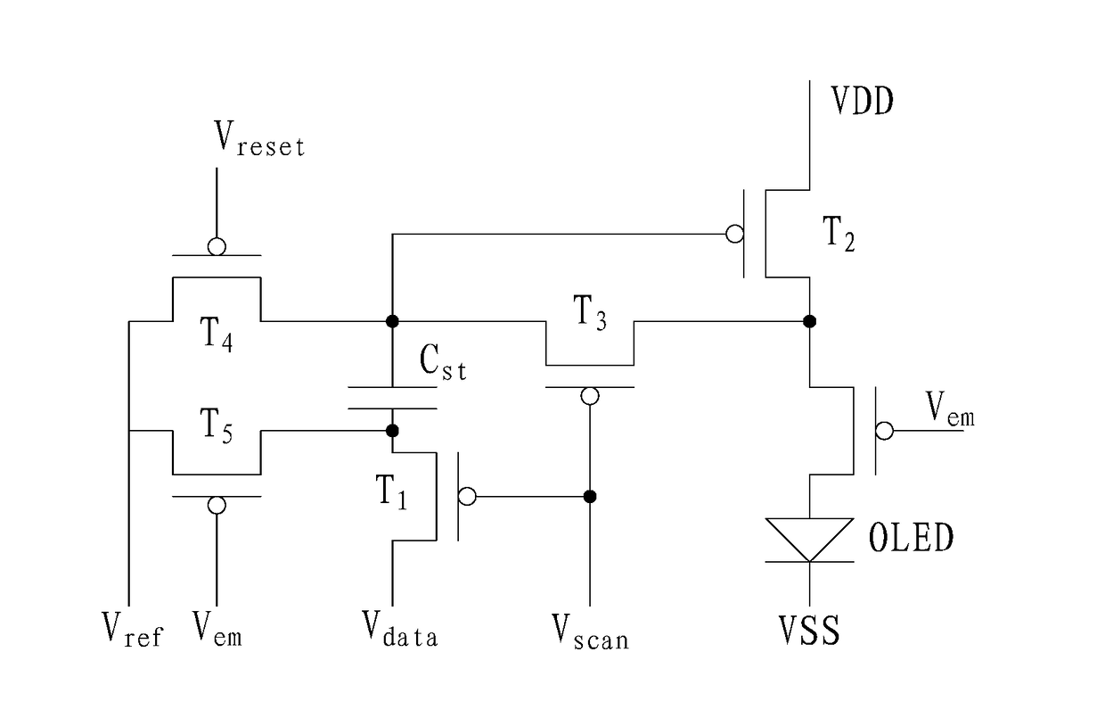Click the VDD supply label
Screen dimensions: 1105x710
tap(862, 101)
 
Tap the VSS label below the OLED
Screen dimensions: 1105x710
tap(809, 631)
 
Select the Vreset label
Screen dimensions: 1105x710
tap(259, 139)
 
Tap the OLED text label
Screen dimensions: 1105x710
tap(911, 538)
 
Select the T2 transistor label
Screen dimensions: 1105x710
tap(839, 235)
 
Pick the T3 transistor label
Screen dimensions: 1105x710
tap(590, 312)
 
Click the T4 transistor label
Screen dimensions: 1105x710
tap(216, 334)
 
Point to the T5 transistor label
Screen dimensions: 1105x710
tap(216, 425)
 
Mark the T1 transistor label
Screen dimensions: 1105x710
tap(391, 491)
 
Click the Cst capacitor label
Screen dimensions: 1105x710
tap(443, 362)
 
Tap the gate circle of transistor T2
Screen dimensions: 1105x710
tap(735, 234)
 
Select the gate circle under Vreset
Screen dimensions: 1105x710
tap(217, 246)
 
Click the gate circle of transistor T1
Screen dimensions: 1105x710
tap(467, 496)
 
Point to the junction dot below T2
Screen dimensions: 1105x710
tap(809, 321)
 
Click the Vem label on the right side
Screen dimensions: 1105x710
tap(950, 409)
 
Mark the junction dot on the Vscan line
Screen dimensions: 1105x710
tap(590, 496)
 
